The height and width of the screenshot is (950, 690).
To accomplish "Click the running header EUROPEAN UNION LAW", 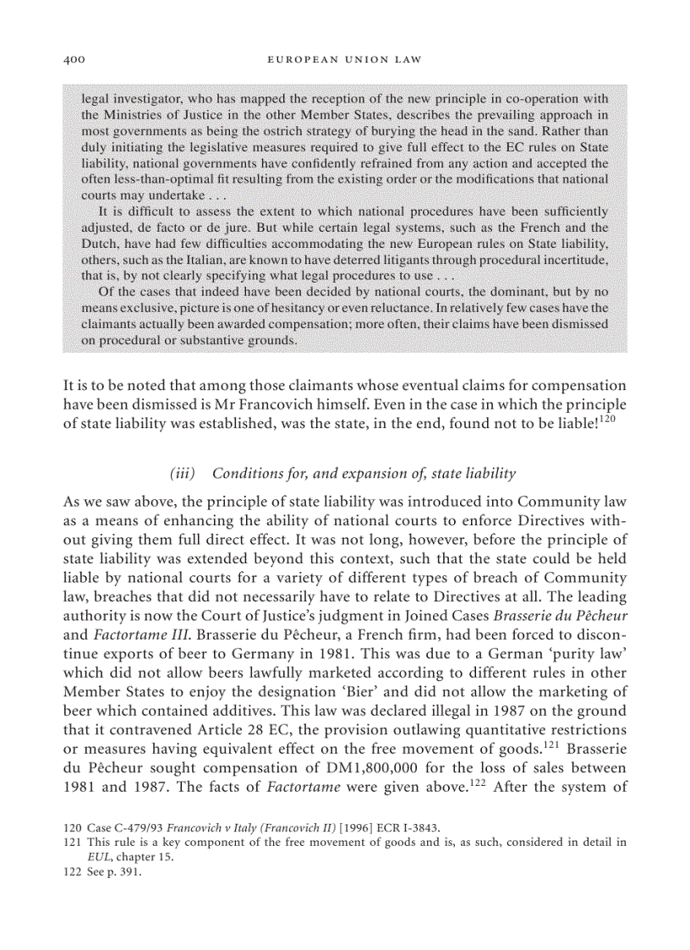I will (x=344, y=60).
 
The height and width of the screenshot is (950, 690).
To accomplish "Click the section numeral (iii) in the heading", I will (x=184, y=473).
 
